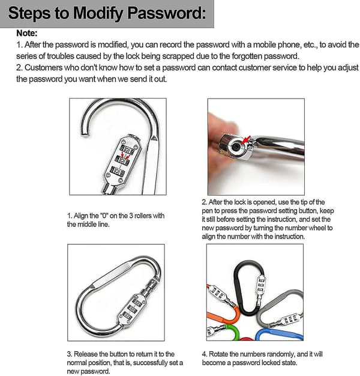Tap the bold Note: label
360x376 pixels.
[27, 33]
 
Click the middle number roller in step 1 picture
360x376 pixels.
[122, 160]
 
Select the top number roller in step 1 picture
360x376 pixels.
[127, 150]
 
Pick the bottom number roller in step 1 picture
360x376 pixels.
[118, 171]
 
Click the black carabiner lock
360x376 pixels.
[249, 287]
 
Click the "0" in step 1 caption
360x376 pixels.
[104, 216]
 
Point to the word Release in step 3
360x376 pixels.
[86, 354]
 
